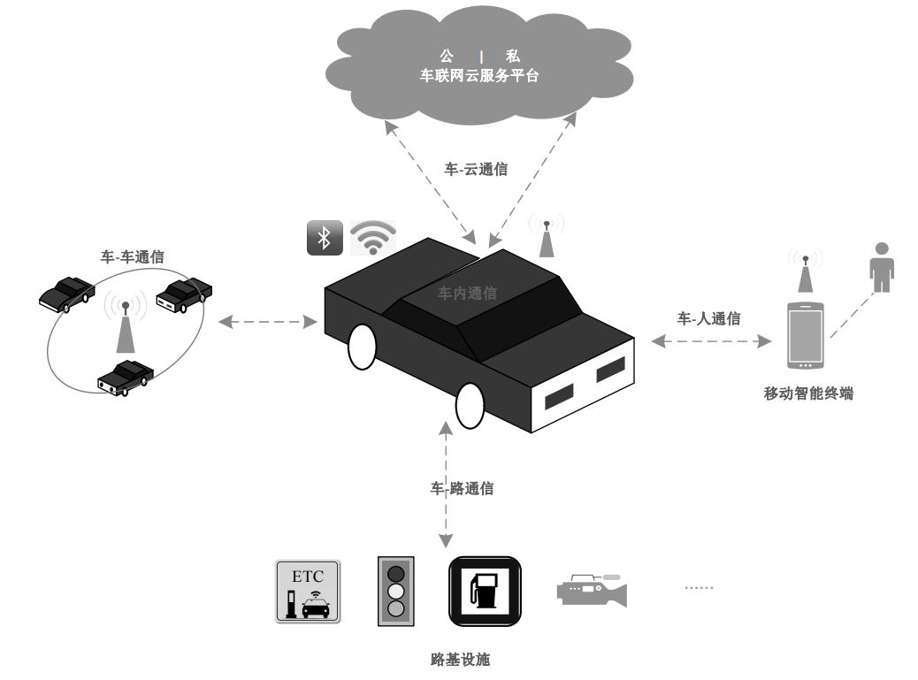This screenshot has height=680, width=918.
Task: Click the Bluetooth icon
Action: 325,238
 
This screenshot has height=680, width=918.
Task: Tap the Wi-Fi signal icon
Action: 373,237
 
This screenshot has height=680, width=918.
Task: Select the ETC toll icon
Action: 308,592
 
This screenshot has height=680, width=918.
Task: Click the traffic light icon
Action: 396,591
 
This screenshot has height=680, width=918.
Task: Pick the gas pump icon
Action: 484,590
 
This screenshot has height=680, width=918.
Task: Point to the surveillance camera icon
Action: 592,590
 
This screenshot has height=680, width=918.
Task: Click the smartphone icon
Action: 806,336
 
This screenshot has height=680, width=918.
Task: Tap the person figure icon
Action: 881,267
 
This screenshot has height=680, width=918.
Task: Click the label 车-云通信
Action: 476,169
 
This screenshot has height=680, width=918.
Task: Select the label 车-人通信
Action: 709,318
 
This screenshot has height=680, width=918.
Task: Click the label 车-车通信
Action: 132,257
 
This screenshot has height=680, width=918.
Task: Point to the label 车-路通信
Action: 462,488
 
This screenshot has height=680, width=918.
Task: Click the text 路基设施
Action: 460,659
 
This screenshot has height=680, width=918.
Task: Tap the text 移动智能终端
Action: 808,393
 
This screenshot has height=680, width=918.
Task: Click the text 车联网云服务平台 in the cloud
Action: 479,77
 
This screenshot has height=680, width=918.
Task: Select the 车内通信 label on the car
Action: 467,294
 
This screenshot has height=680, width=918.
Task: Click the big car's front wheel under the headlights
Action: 470,405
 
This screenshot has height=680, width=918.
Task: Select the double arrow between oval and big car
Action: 268,322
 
